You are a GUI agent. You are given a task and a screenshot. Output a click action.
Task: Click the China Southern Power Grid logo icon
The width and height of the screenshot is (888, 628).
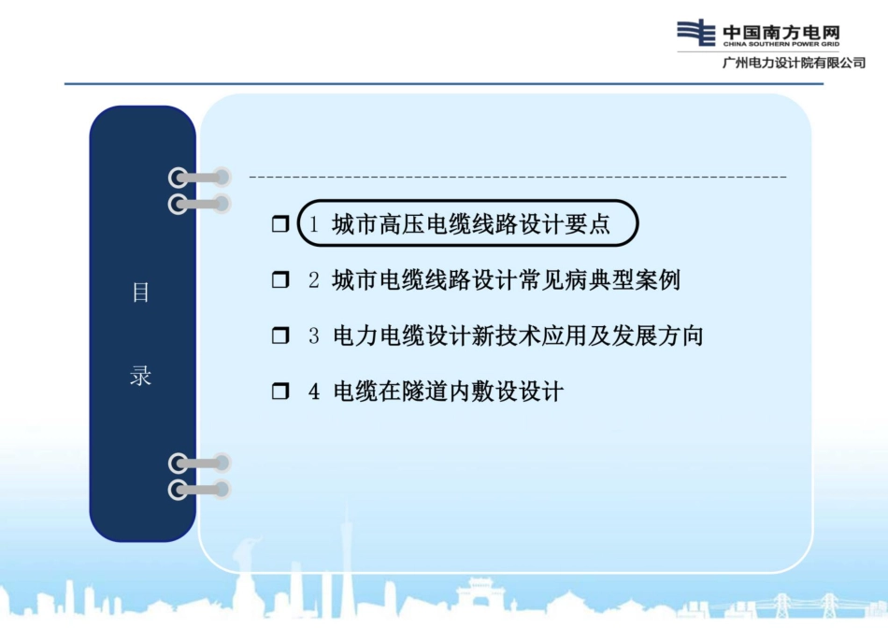(x=697, y=33)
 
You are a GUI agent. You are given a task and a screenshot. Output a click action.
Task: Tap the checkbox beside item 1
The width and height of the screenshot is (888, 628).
(x=280, y=225)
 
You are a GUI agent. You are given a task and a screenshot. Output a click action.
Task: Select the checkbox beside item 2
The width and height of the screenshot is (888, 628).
(x=280, y=280)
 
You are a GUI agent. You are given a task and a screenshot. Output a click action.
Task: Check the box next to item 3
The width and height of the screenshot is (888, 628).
(x=280, y=336)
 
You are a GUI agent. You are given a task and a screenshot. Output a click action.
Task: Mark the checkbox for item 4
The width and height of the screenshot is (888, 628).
(x=280, y=392)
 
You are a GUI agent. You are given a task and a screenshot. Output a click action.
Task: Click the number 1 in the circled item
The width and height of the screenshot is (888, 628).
(x=315, y=225)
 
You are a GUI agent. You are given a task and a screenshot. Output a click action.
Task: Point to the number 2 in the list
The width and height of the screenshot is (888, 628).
(x=314, y=280)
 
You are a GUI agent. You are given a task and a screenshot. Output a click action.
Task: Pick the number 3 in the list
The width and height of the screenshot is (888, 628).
(x=314, y=336)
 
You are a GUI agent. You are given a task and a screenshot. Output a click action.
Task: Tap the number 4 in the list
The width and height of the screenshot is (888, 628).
(x=314, y=392)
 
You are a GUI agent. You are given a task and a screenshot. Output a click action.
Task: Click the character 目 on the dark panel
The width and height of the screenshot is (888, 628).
(x=140, y=293)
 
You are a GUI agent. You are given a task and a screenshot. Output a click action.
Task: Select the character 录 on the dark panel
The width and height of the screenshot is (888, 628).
(x=140, y=378)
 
